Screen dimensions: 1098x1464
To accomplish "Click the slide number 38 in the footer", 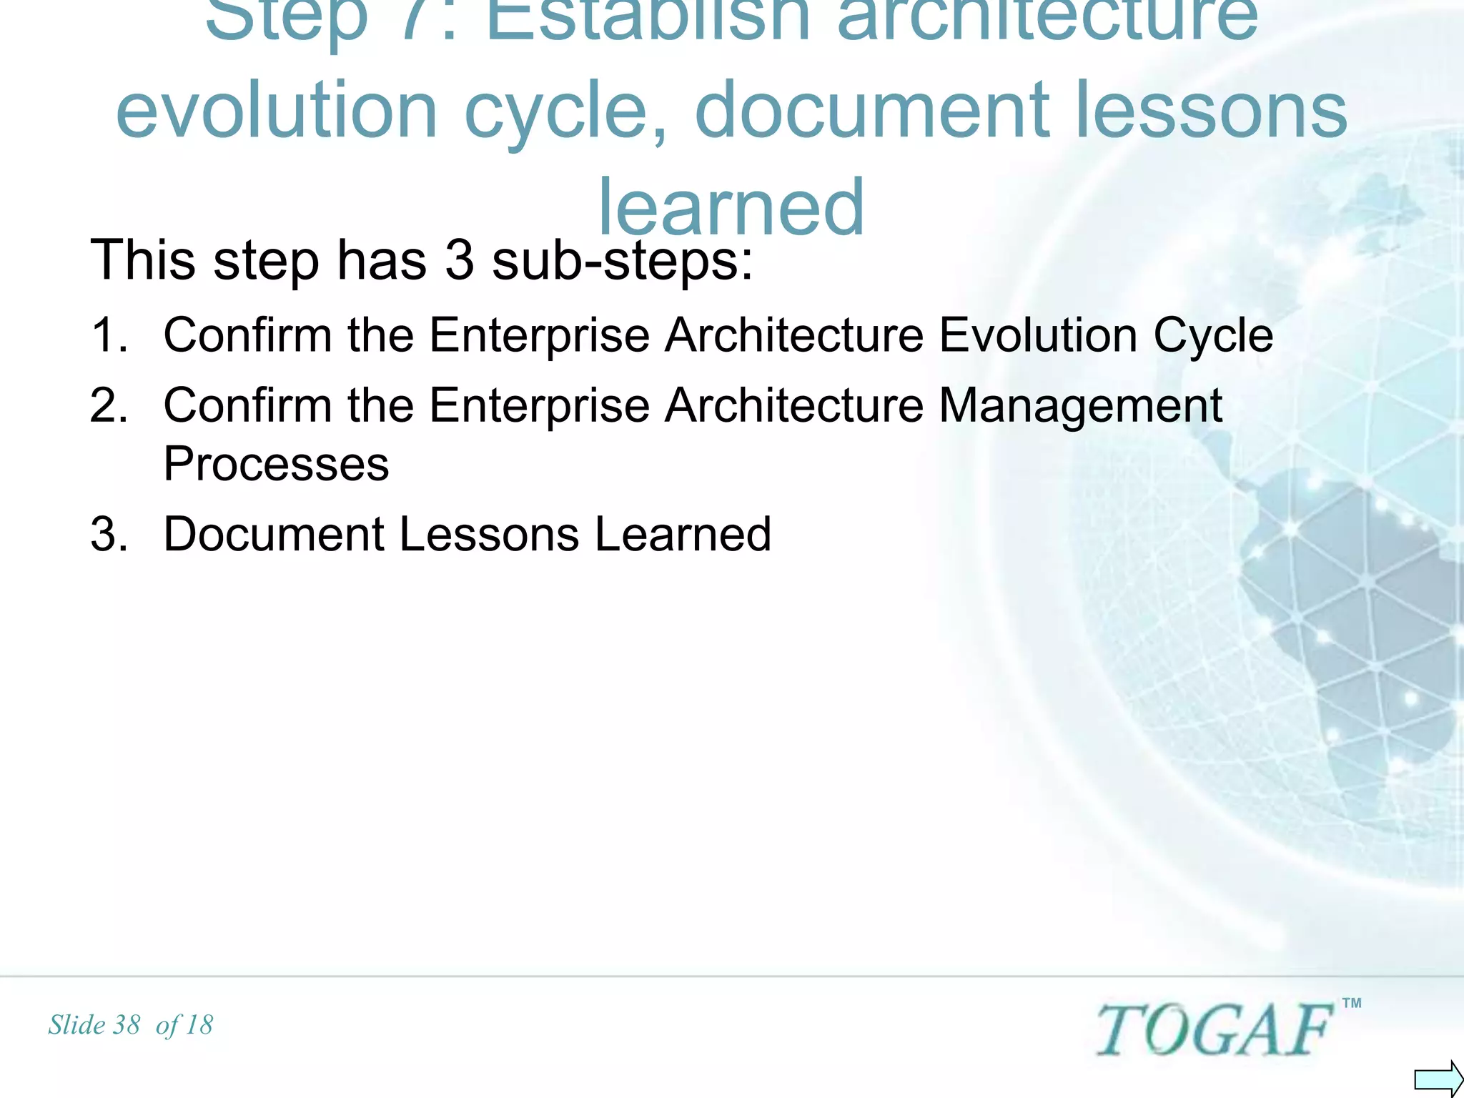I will [126, 1025].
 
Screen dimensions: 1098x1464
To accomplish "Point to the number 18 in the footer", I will [199, 1025].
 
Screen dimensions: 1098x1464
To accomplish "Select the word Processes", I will [276, 464].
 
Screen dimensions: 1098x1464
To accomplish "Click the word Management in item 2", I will [1080, 405].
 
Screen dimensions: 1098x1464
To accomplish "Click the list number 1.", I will [109, 335].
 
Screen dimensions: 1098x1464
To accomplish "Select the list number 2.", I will [109, 405].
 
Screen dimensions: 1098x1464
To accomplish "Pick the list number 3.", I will [109, 534].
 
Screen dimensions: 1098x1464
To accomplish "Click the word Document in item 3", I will [274, 534].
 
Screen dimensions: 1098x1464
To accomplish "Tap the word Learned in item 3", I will [683, 534].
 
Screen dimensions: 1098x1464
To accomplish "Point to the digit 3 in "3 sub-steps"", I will [459, 259].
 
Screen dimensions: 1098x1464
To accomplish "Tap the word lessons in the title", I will [1211, 109].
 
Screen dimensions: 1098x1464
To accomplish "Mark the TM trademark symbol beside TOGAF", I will [1352, 1003].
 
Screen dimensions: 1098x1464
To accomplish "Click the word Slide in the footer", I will [76, 1025].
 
